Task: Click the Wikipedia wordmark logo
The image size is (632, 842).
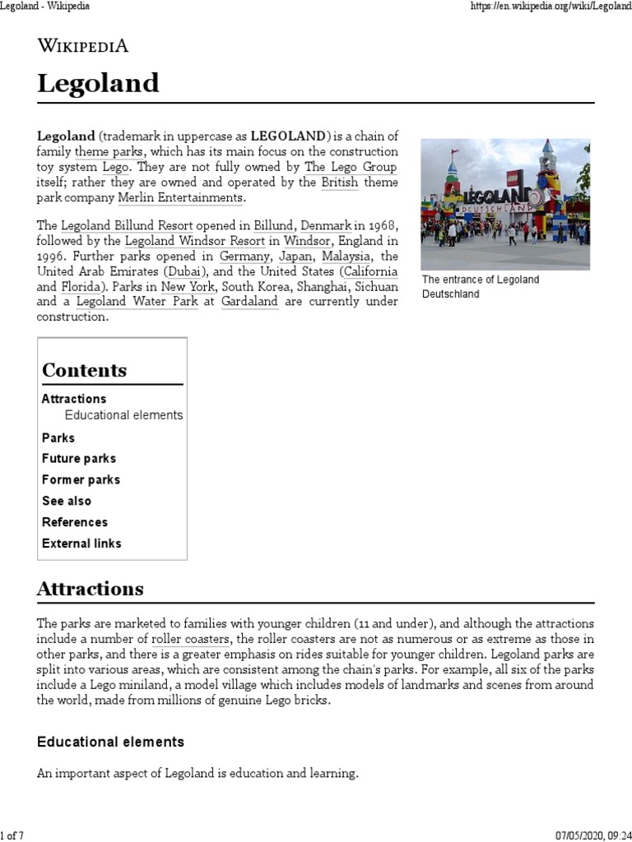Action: pos(82,47)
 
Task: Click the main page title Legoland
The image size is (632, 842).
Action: pos(98,83)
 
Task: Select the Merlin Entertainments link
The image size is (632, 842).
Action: pos(180,198)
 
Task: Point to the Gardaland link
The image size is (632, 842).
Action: pos(249,302)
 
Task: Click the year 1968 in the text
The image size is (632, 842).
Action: pos(381,225)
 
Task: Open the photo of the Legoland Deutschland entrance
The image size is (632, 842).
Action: pos(504,203)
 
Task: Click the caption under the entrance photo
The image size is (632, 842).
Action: pos(481,286)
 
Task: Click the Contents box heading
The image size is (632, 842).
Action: pos(84,370)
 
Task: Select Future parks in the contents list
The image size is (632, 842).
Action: pos(79,459)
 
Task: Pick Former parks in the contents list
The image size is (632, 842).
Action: pos(81,479)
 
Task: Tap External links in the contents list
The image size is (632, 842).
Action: pos(81,544)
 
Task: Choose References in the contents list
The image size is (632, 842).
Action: pos(75,522)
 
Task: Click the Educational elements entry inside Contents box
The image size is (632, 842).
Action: pos(123,415)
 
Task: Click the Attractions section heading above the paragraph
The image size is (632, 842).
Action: pos(91,589)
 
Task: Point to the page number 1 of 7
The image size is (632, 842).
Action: pos(12,835)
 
